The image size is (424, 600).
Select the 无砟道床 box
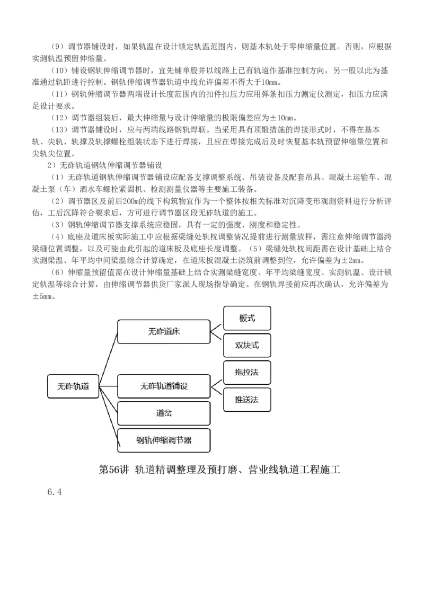(163, 332)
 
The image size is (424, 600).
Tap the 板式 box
(247, 319)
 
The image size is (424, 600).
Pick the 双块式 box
(247, 345)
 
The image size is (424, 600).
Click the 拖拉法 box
(247, 372)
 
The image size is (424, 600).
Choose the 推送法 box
(247, 399)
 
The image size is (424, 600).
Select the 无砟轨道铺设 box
(163, 385)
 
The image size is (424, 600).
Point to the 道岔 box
(163, 412)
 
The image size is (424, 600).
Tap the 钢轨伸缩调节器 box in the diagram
(163, 439)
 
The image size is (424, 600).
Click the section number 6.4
(55, 492)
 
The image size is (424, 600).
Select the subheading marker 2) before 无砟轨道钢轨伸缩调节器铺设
(51, 165)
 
